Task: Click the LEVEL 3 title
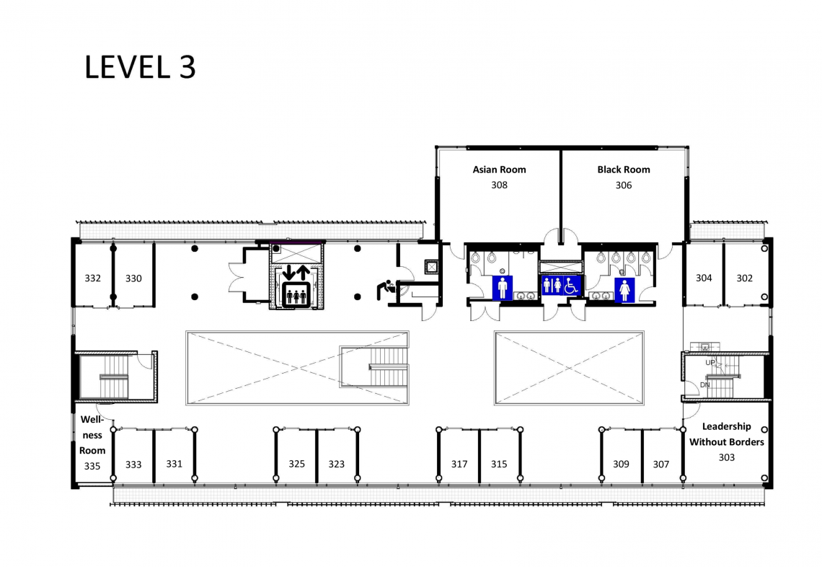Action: click(140, 67)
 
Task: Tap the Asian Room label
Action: click(499, 170)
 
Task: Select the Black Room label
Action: click(623, 170)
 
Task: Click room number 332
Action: click(93, 278)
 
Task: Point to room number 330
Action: click(133, 278)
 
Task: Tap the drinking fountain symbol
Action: click(386, 290)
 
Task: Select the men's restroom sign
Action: click(503, 289)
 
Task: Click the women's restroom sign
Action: click(624, 290)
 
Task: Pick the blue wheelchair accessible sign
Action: click(571, 286)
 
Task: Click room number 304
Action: click(704, 278)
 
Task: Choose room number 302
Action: click(744, 278)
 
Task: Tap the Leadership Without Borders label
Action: click(727, 434)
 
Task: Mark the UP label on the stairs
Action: click(710, 362)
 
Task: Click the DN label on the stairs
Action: click(705, 384)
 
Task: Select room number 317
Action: click(459, 464)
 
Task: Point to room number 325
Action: click(297, 464)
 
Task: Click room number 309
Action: click(622, 464)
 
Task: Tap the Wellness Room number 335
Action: click(92, 466)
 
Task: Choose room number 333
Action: click(133, 464)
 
